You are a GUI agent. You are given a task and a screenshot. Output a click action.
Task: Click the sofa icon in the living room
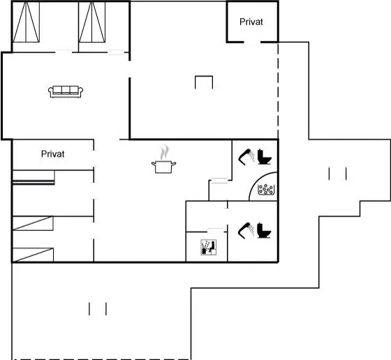pos(66,91)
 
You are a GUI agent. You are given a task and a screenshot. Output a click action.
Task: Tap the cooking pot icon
pos(163,167)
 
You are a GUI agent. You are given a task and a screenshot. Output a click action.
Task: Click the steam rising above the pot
pos(164,153)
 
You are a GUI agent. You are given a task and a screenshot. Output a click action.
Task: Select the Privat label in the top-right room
pos(251,22)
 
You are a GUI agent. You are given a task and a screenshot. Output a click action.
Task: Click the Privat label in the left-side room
pos(52,154)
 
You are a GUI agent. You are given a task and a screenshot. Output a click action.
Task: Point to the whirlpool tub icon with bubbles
pos(266,190)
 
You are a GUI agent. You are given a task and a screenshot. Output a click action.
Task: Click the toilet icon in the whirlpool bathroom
pos(265,157)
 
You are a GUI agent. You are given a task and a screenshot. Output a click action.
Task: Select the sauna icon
pos(209,247)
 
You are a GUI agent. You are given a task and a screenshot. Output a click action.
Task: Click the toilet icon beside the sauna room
pos(264,230)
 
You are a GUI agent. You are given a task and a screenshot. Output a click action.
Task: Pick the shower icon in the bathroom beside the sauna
pos(246,230)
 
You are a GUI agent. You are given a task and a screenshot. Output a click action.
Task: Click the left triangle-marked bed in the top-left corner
pos(27,22)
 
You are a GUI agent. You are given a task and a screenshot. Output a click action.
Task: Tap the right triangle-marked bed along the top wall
pos(92,22)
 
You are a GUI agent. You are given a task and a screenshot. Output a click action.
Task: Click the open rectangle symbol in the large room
pos(204,76)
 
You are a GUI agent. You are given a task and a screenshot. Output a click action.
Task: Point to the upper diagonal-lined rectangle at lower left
pos(33,223)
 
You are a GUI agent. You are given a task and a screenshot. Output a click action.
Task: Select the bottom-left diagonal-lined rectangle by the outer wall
pos(33,255)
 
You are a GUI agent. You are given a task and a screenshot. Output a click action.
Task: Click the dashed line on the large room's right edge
pos(278,91)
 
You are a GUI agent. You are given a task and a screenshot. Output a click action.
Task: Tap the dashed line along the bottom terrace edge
pos(102,359)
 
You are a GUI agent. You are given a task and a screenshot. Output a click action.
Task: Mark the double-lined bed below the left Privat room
pos(34,178)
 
